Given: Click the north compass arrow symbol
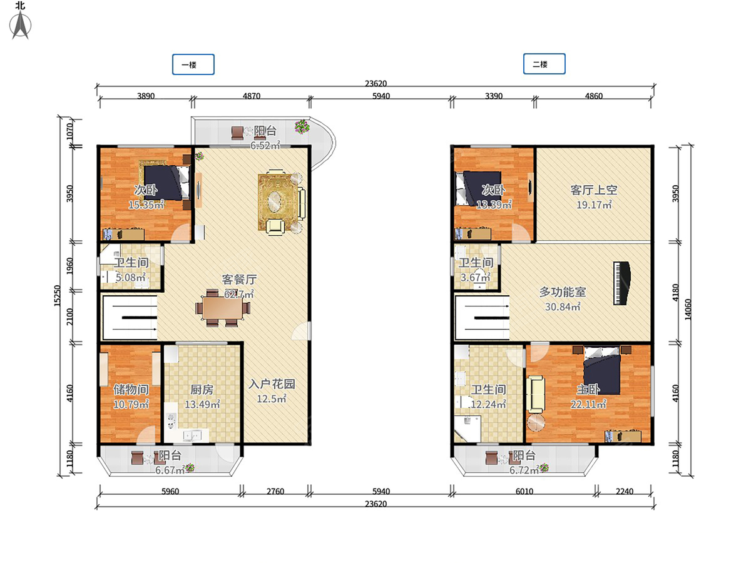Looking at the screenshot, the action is [20, 25].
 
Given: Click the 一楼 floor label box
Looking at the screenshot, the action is [193, 64].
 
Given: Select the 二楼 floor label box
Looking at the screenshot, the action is [544, 64].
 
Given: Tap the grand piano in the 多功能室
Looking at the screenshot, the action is [621, 283].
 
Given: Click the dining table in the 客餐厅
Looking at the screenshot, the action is [223, 308].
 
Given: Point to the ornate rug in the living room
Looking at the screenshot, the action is [278, 201].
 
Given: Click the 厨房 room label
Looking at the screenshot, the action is [202, 389].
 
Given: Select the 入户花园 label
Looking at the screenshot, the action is [272, 384].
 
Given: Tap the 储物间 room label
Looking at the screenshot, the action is [131, 389].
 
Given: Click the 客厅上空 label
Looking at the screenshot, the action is [594, 190].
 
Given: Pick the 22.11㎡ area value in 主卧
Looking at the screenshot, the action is [588, 404].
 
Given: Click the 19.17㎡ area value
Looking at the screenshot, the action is [594, 205].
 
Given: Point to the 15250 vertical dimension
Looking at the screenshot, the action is [57, 296].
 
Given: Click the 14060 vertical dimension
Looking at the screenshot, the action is [688, 310].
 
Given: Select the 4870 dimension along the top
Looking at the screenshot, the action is [252, 96].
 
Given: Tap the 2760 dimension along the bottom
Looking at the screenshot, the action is [275, 491].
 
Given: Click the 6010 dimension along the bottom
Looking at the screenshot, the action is [524, 491].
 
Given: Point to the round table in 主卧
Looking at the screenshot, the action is [536, 422].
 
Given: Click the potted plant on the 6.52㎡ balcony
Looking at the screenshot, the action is [302, 126].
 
